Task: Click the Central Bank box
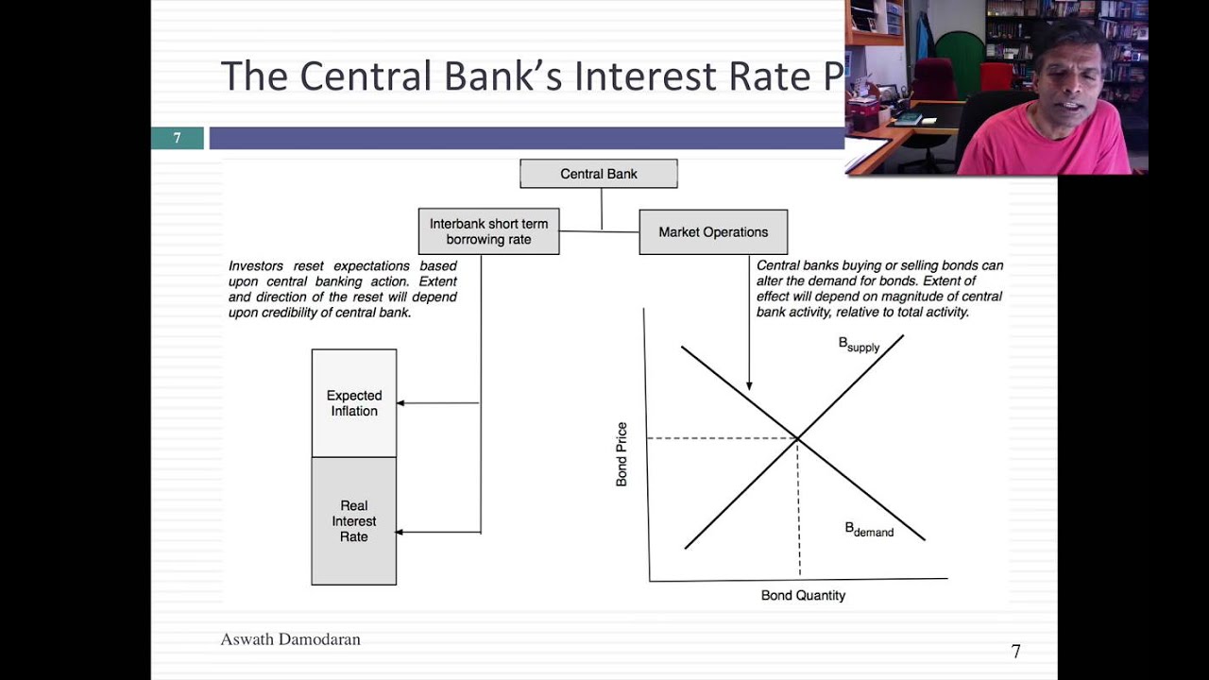(x=599, y=174)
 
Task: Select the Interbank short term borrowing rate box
(x=488, y=232)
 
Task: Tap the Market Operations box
(x=713, y=232)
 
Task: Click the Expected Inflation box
(x=354, y=403)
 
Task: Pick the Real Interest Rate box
(x=354, y=521)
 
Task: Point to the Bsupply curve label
(x=859, y=345)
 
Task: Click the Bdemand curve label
(x=869, y=530)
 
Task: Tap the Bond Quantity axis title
(x=803, y=596)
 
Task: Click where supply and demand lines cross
(x=798, y=438)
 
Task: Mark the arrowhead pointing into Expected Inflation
(x=400, y=403)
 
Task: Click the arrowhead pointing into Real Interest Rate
(x=400, y=533)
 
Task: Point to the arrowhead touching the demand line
(x=749, y=385)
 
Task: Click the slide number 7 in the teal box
(x=177, y=138)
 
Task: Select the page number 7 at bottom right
(x=1015, y=652)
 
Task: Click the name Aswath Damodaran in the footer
(x=290, y=639)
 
